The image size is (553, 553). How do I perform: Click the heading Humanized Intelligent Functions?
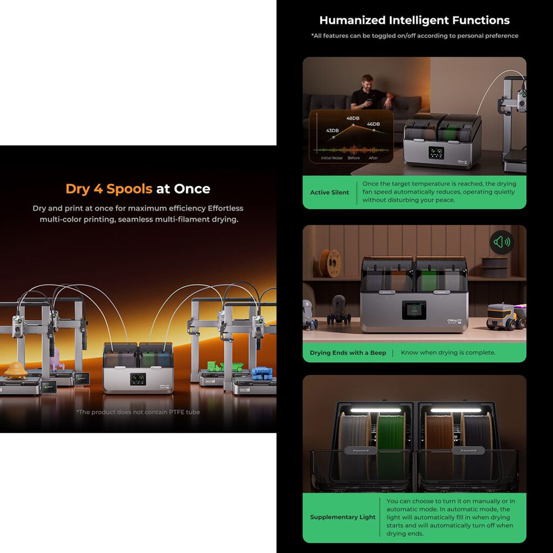click(x=414, y=21)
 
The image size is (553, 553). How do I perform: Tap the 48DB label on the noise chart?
click(x=353, y=118)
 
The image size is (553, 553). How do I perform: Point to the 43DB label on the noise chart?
click(x=332, y=131)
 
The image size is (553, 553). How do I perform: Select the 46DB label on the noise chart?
click(x=373, y=124)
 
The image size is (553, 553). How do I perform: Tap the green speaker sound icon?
click(x=502, y=242)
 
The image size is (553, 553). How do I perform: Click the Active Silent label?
click(x=329, y=192)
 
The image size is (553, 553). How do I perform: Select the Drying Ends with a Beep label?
click(x=348, y=353)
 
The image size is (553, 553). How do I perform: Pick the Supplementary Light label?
click(x=342, y=517)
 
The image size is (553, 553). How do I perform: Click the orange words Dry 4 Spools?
click(x=109, y=189)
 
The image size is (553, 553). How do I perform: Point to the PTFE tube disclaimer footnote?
click(x=138, y=412)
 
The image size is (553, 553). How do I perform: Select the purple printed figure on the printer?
click(x=56, y=359)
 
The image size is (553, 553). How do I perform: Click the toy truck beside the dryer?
click(x=505, y=316)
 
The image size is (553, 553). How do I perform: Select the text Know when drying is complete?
click(x=448, y=353)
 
